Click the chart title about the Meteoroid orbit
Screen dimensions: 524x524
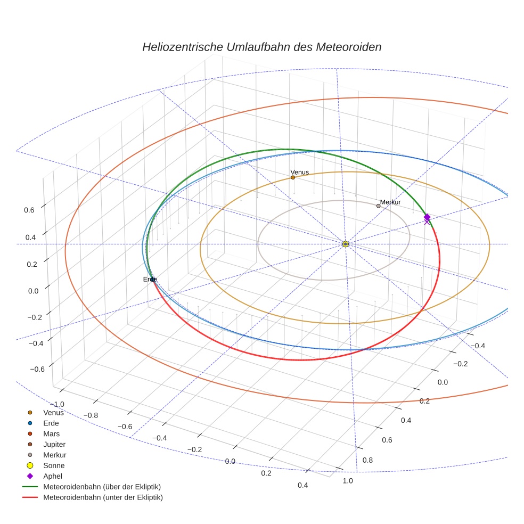point(261,47)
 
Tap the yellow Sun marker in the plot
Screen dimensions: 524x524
point(346,244)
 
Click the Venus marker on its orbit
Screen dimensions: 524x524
point(293,177)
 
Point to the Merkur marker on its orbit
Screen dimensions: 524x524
point(379,206)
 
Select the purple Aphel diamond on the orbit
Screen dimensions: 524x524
point(427,217)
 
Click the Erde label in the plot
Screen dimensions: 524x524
point(150,280)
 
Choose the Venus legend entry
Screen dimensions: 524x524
point(53,412)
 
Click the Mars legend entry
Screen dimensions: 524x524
point(51,433)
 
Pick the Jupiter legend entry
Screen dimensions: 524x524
point(54,444)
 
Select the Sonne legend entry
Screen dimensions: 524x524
point(54,465)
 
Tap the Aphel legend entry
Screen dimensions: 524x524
point(52,476)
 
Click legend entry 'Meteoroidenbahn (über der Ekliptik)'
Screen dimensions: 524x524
point(102,487)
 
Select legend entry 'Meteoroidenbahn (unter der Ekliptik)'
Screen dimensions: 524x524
point(103,497)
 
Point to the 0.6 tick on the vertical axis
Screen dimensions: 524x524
point(29,210)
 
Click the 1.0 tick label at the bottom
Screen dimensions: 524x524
point(347,481)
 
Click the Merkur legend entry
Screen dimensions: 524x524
point(54,455)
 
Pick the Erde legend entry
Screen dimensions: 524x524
point(51,423)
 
